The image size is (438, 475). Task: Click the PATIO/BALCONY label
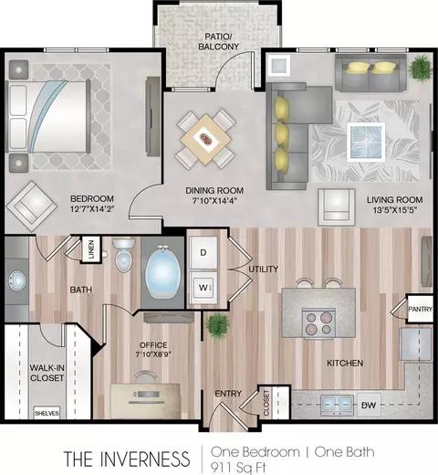[x=218, y=42]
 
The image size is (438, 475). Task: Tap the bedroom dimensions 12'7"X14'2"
[x=92, y=209]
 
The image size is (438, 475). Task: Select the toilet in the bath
[x=123, y=256]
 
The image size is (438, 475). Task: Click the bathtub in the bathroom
[x=162, y=273]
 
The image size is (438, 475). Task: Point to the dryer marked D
[x=203, y=252]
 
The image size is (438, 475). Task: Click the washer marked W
[x=203, y=288]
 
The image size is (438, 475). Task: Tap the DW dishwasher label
[x=369, y=405]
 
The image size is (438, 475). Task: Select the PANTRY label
[x=420, y=309]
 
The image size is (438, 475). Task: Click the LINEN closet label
[x=91, y=249]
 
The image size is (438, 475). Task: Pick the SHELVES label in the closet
[x=47, y=413]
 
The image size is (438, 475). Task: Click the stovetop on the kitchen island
[x=318, y=323]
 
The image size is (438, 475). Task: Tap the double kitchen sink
[x=337, y=405]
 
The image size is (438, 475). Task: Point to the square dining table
[x=205, y=139]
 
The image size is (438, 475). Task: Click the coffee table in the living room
[x=366, y=142]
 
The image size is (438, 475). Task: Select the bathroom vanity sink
[x=16, y=280]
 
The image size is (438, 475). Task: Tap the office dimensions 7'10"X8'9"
[x=153, y=354]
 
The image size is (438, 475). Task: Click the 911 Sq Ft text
[x=238, y=468]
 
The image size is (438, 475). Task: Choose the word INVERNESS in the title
[x=145, y=459]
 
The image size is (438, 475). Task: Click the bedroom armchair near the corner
[x=31, y=206]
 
